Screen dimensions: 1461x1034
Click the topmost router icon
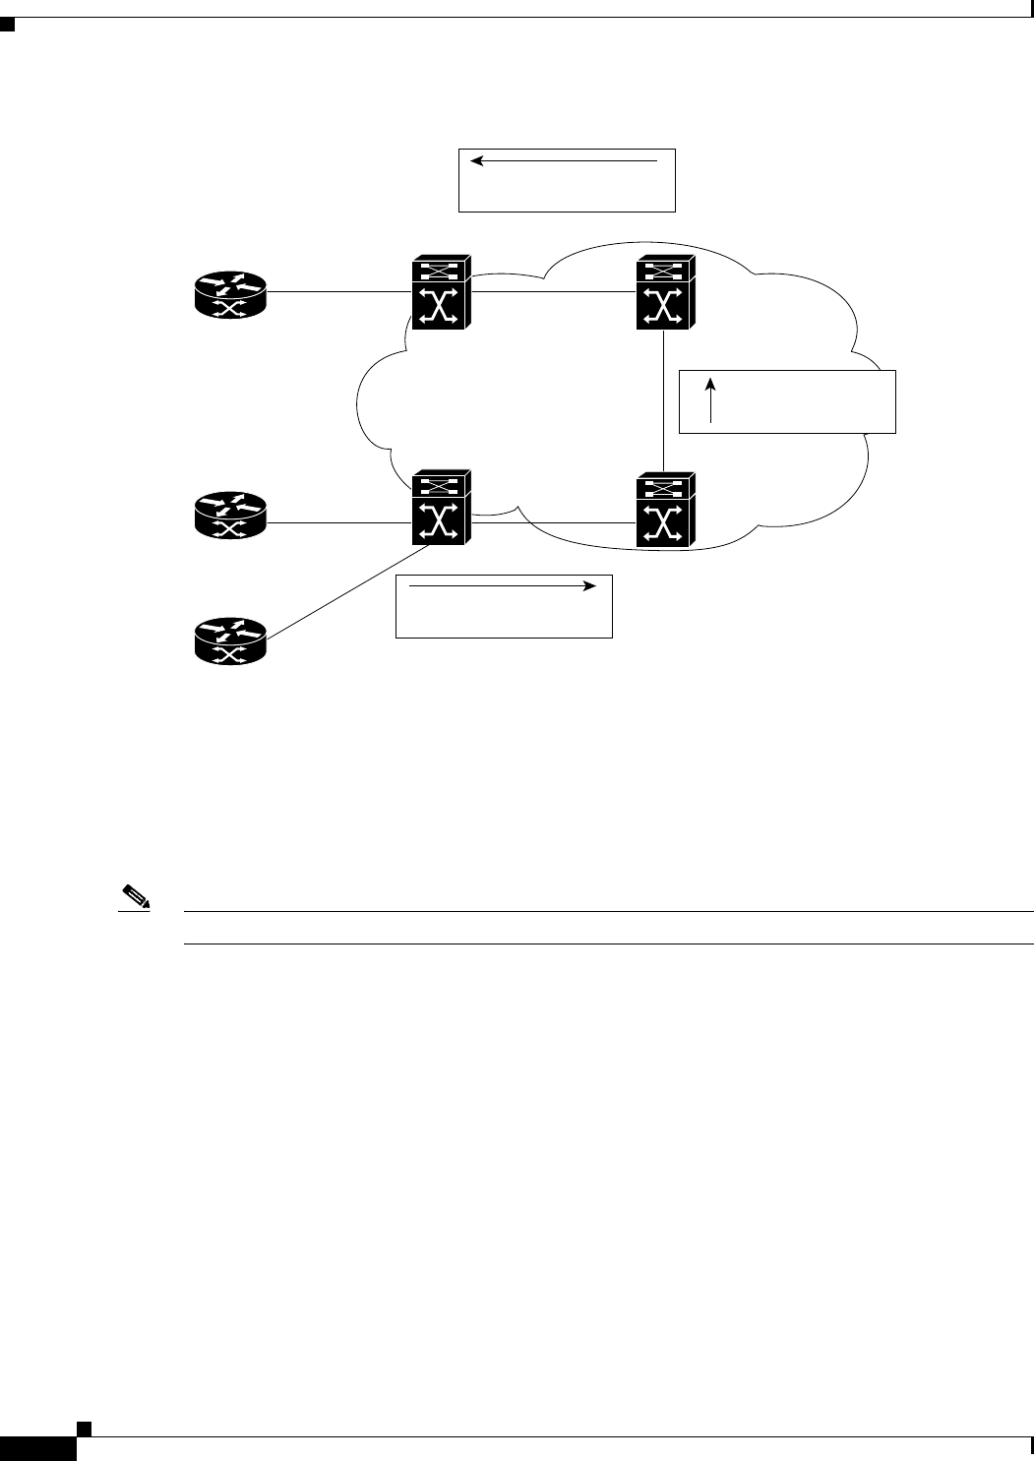pyautogui.click(x=230, y=293)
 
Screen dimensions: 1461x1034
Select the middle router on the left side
pyautogui.click(x=230, y=514)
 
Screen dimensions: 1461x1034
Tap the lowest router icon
pyautogui.click(x=230, y=639)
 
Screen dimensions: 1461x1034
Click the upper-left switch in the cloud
pyautogui.click(x=442, y=292)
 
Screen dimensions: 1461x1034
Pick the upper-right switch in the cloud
pyautogui.click(x=665, y=292)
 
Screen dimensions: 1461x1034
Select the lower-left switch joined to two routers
pyautogui.click(x=442, y=509)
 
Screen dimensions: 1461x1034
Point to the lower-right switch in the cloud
pyautogui.click(x=665, y=510)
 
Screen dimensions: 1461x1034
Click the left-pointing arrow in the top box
pyautogui.click(x=564, y=159)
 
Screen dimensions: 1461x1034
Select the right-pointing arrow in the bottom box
pyautogui.click(x=502, y=586)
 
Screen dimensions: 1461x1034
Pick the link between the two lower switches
pyautogui.click(x=554, y=522)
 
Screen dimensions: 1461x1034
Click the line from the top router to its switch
pyautogui.click(x=338, y=291)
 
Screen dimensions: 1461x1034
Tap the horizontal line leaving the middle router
pyautogui.click(x=338, y=522)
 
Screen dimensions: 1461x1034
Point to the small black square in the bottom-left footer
pyautogui.click(x=85, y=1427)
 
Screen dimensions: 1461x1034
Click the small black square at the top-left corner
pyautogui.click(x=7, y=27)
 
